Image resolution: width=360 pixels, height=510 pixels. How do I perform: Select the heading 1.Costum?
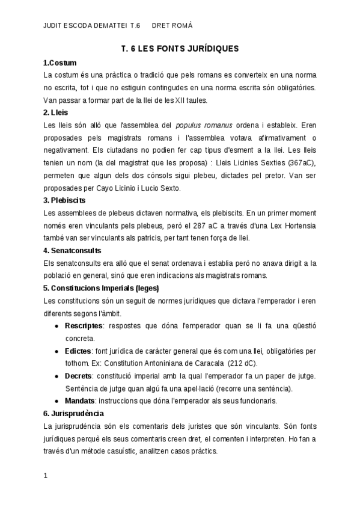[60, 63]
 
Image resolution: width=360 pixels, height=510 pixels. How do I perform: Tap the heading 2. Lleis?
[56, 112]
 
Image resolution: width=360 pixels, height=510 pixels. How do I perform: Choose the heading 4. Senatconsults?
[73, 250]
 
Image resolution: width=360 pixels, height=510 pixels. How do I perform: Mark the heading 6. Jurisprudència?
[74, 413]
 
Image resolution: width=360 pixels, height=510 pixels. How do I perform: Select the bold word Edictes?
[78, 351]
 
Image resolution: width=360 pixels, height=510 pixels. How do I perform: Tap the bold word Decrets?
[79, 376]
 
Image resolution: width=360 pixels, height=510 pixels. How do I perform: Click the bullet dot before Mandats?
[56, 401]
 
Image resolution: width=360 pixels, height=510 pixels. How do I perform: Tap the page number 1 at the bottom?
[46, 476]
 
